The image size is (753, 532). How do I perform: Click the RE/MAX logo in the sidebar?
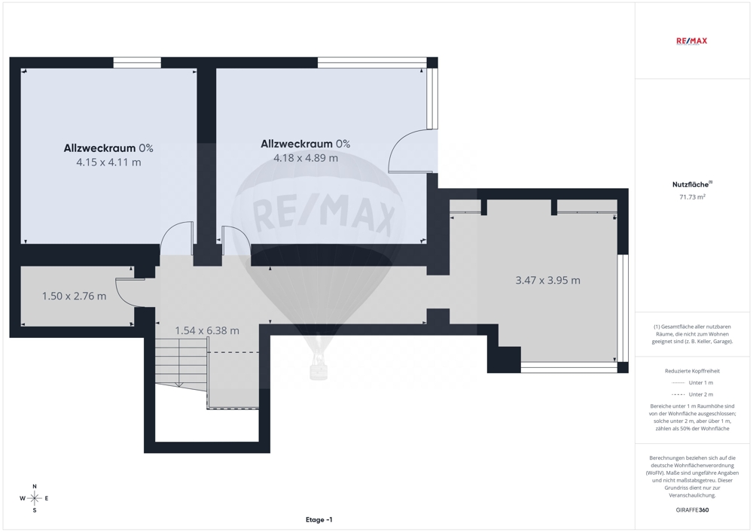click(691, 41)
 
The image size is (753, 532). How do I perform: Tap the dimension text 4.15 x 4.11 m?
click(108, 162)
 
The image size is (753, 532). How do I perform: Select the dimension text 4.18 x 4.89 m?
click(306, 158)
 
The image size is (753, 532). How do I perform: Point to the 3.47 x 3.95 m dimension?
click(548, 280)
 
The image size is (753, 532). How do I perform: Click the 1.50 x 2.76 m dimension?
click(74, 296)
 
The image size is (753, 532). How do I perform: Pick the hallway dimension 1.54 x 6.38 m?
click(207, 330)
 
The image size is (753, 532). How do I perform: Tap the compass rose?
click(35, 498)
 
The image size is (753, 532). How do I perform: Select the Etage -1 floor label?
click(319, 519)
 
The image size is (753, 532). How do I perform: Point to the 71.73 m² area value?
click(692, 196)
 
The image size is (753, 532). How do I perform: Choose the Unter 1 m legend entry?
click(692, 383)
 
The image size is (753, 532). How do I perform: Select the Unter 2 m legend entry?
click(692, 394)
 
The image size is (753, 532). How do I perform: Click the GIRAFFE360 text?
click(692, 510)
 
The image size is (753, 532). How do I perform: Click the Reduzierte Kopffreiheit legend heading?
click(692, 371)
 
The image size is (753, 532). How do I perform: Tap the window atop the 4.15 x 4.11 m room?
click(137, 62)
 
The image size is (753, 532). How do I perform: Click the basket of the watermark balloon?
click(318, 370)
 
